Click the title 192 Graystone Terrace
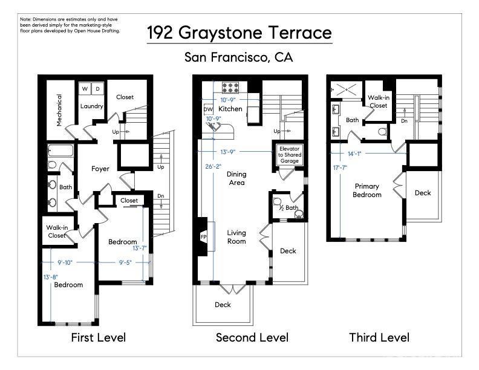click(239, 33)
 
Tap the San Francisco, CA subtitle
click(239, 58)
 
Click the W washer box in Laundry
click(85, 89)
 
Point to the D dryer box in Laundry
click(98, 89)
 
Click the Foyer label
click(100, 169)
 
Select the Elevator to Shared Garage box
click(288, 154)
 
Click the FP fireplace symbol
click(203, 237)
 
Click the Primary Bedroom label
click(368, 190)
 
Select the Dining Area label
click(236, 178)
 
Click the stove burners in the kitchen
click(230, 86)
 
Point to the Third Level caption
click(379, 337)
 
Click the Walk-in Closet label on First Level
click(56, 232)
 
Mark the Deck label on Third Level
click(423, 193)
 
